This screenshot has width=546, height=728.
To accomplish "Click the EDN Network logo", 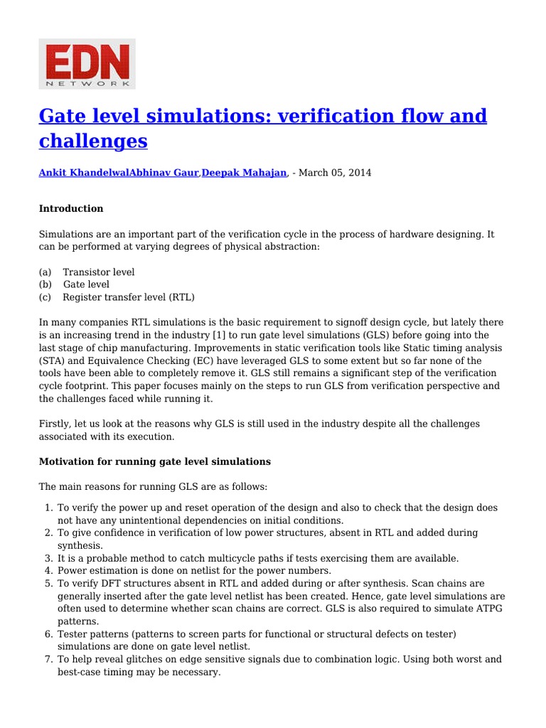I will click(87, 64).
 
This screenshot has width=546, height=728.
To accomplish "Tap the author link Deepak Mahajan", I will click(245, 173).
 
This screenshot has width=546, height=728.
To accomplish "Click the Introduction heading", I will click(71, 208).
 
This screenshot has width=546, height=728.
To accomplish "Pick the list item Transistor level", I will click(98, 272).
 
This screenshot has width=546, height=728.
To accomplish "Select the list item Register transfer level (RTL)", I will click(128, 297).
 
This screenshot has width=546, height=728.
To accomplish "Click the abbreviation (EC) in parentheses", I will click(202, 361).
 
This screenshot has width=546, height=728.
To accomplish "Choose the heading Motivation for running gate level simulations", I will click(154, 461).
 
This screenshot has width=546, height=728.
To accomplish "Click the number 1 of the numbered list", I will click(48, 508).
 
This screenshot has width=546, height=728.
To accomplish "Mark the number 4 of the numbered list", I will click(48, 570).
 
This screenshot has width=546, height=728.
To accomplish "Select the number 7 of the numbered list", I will click(48, 659).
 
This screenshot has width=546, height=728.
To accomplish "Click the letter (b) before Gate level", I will click(45, 284).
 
